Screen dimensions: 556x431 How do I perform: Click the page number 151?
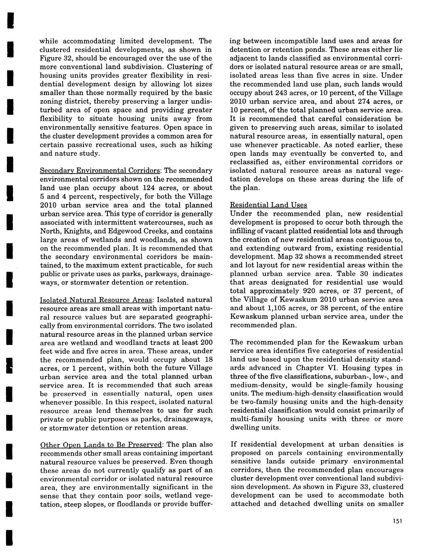(x=397, y=521)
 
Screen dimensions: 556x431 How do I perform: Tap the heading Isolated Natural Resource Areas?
(x=96, y=300)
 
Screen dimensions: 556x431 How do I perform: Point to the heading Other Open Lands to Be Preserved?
(x=101, y=445)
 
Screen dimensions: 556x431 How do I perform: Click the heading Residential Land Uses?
(x=268, y=205)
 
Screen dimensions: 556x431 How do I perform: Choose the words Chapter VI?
(x=315, y=367)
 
